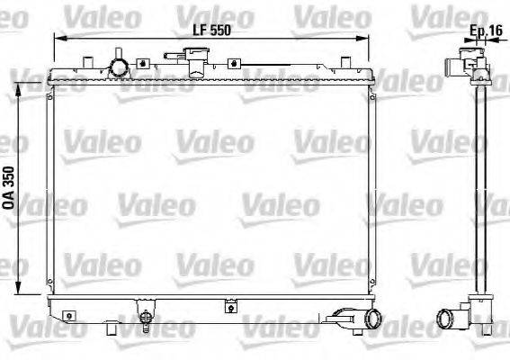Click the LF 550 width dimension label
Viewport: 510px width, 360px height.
pyautogui.click(x=213, y=28)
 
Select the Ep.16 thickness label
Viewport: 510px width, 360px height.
pyautogui.click(x=486, y=31)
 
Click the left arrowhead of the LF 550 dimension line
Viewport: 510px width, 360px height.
pyautogui.click(x=57, y=39)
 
